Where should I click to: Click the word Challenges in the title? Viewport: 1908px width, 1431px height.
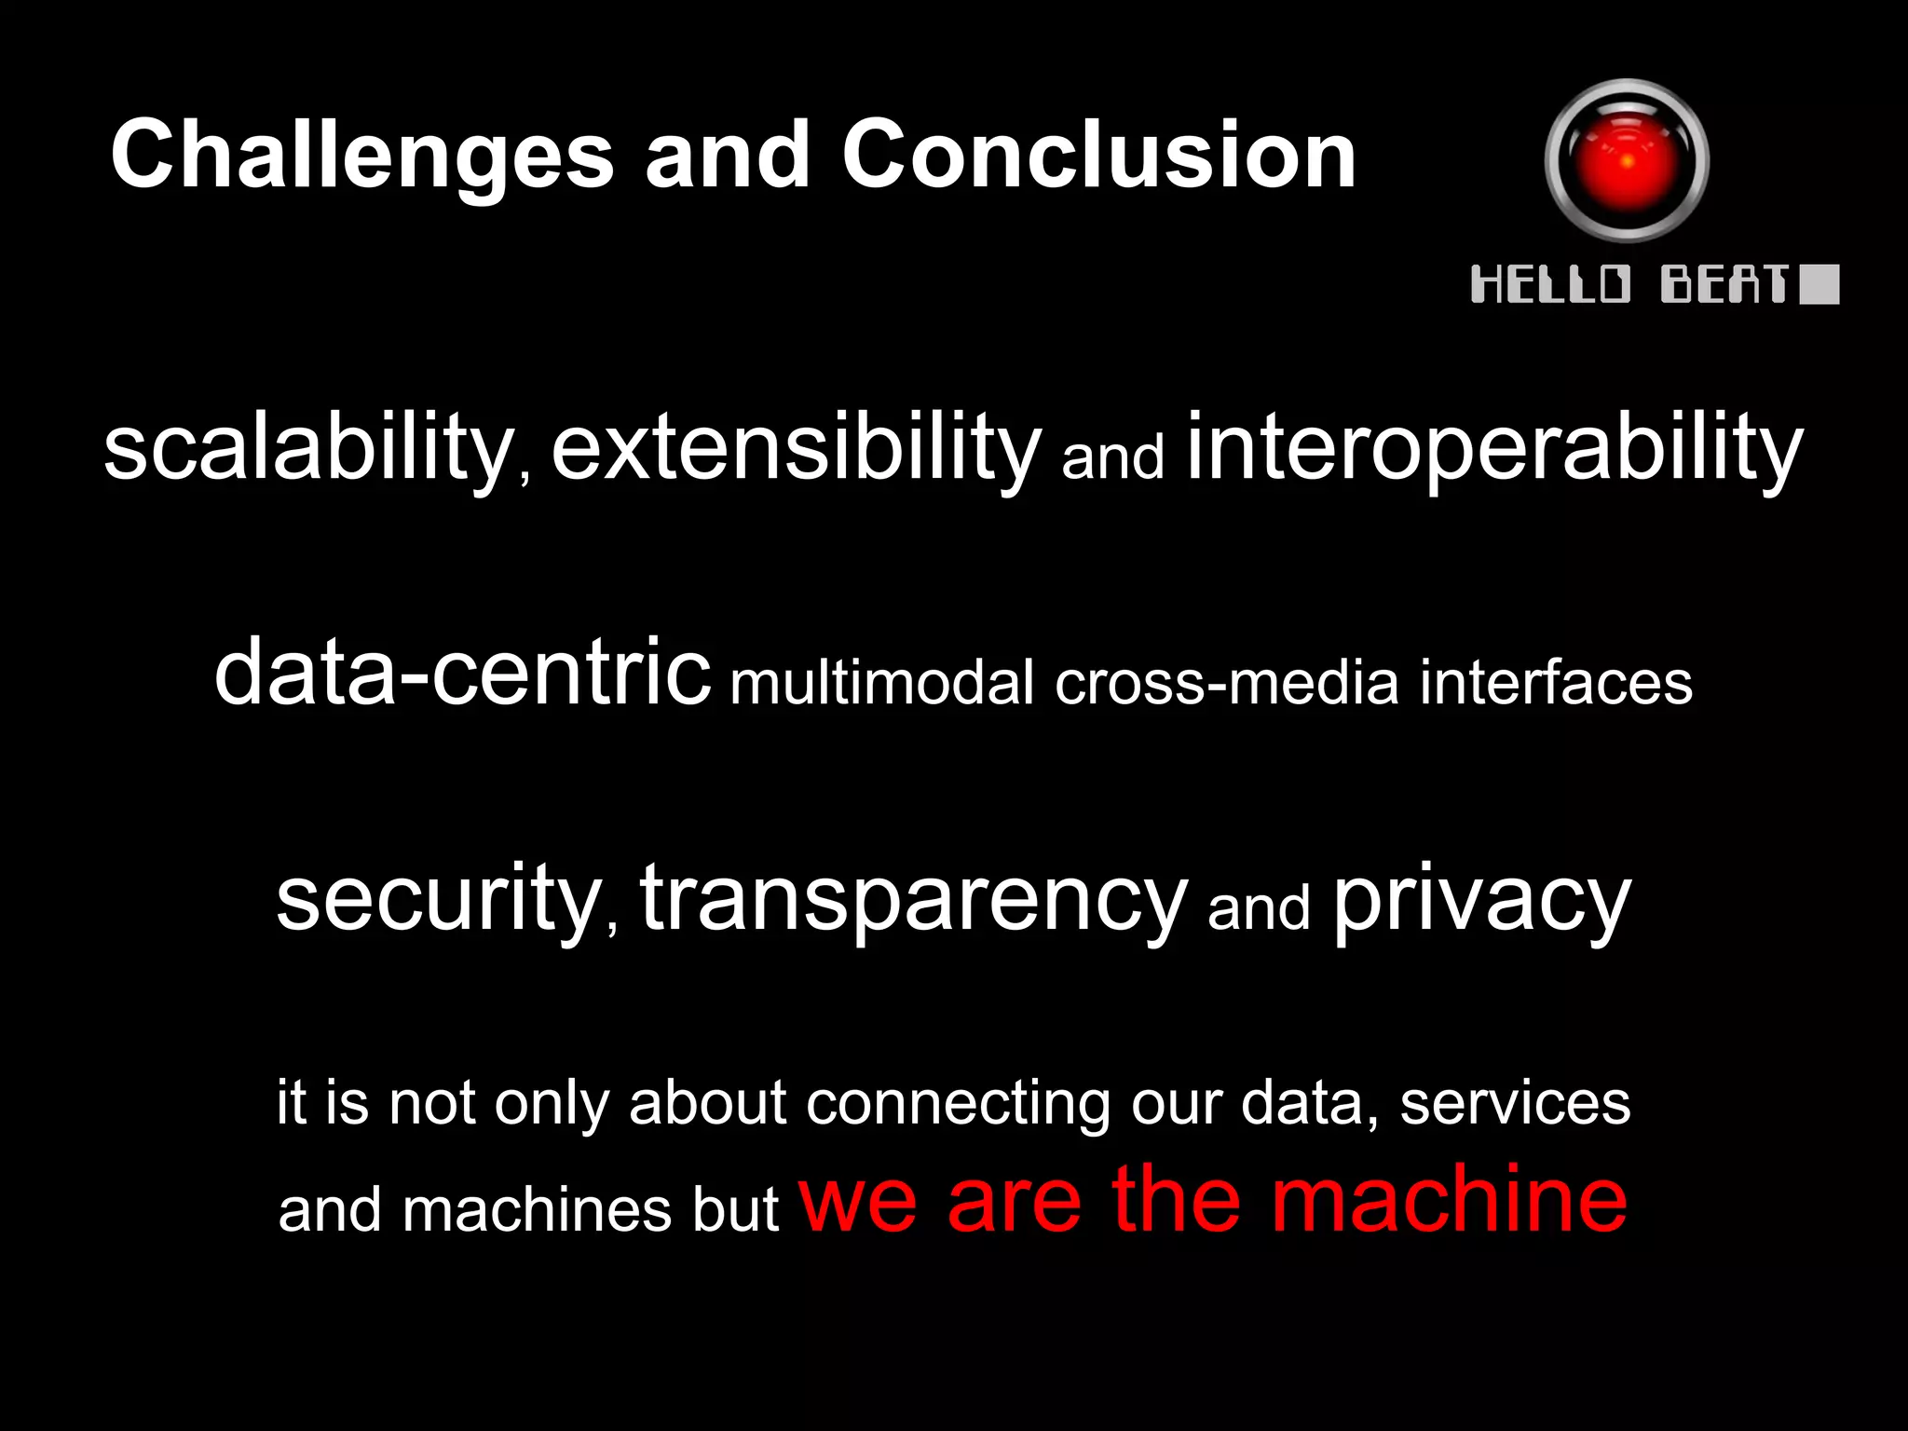click(361, 157)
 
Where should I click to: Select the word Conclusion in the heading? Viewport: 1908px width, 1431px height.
click(1098, 155)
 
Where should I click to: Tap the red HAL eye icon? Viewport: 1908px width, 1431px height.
click(1627, 161)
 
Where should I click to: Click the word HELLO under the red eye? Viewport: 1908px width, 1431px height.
click(1550, 284)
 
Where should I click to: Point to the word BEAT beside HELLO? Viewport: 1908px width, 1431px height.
click(1724, 284)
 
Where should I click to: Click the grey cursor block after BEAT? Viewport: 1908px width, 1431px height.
click(1819, 284)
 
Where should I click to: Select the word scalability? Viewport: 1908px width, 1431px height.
click(307, 449)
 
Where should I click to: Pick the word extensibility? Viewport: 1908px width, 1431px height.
click(795, 449)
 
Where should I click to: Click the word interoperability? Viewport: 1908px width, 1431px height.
click(1494, 449)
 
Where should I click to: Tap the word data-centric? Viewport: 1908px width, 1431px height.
click(462, 673)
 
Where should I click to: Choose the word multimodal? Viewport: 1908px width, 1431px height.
click(881, 683)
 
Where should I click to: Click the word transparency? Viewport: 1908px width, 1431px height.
click(913, 899)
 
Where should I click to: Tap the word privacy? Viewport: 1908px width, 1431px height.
click(1481, 899)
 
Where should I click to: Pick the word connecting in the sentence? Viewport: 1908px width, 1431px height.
click(958, 1104)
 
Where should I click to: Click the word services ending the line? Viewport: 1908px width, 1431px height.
click(1515, 1104)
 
